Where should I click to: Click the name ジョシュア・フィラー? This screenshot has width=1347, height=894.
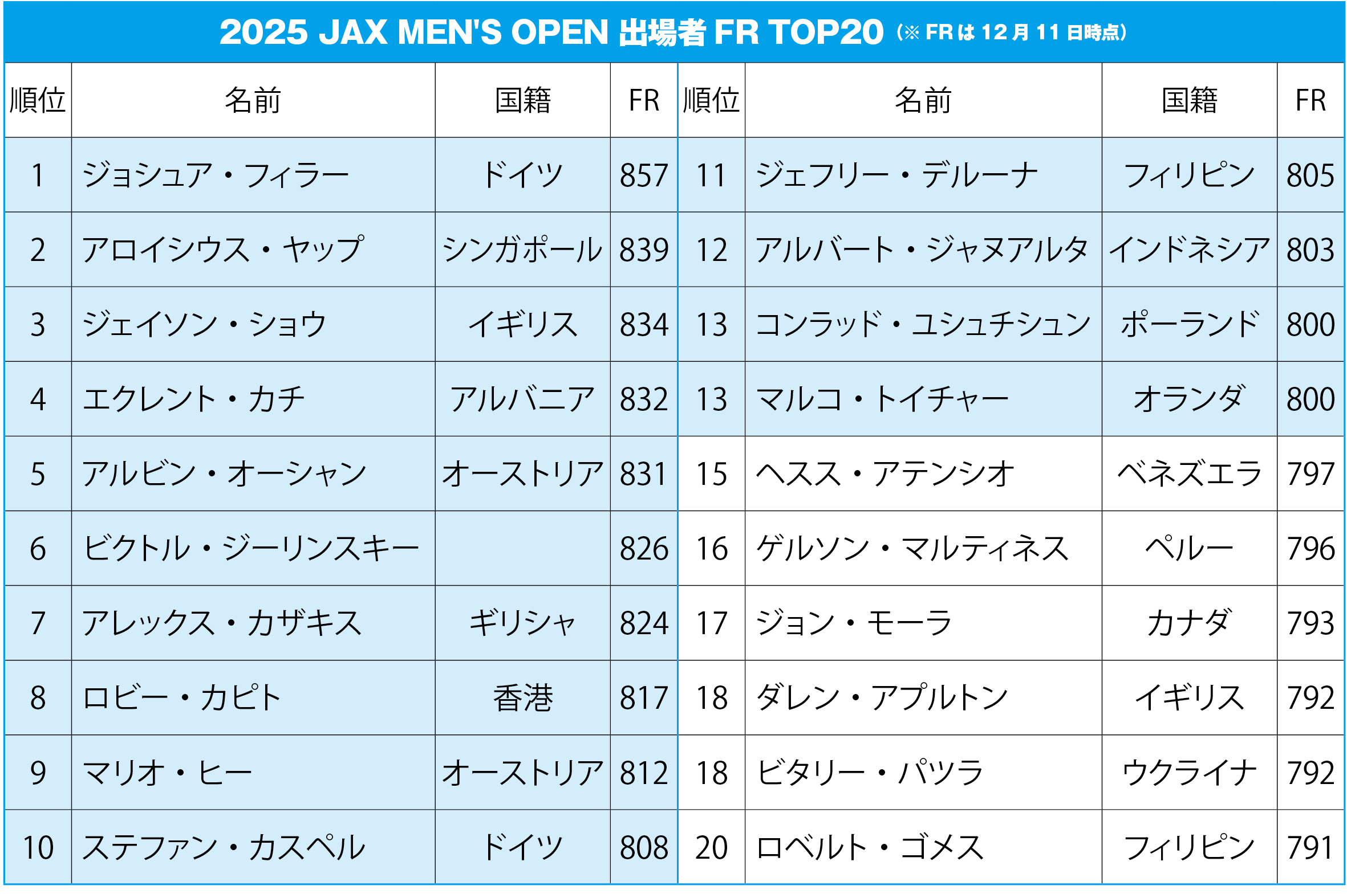(x=216, y=175)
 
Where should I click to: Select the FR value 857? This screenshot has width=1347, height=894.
(x=643, y=175)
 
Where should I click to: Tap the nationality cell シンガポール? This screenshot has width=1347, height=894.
(x=522, y=250)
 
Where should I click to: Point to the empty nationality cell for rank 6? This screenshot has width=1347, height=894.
(x=522, y=549)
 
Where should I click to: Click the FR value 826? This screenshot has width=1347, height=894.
(x=643, y=549)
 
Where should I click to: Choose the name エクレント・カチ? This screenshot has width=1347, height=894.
(x=194, y=399)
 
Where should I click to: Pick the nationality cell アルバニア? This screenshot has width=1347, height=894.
(x=522, y=399)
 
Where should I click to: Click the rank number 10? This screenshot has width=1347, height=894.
(x=38, y=847)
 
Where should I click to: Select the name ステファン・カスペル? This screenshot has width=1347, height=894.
(x=224, y=847)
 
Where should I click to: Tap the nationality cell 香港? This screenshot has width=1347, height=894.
(x=522, y=698)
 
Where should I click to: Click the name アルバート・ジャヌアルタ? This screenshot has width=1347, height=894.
(x=922, y=250)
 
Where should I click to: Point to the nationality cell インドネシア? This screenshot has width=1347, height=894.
(x=1188, y=250)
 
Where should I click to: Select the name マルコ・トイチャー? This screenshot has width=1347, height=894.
(x=882, y=399)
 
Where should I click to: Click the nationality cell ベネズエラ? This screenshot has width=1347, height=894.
(x=1188, y=474)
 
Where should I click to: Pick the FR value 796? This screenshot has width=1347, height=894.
(x=1310, y=549)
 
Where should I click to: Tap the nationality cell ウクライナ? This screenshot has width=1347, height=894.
(x=1188, y=773)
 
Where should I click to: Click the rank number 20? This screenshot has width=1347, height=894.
(x=711, y=847)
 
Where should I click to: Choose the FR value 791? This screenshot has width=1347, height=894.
(x=1310, y=847)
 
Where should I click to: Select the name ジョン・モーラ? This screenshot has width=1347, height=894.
(x=854, y=623)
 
